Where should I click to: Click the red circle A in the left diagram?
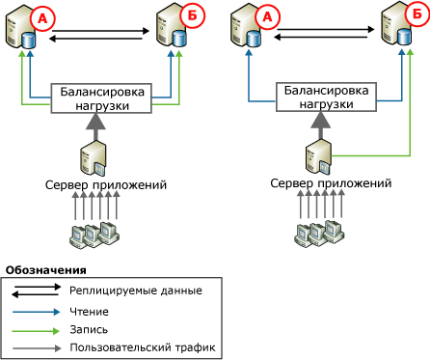coord(42,18)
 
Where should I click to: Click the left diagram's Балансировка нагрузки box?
coord(103,97)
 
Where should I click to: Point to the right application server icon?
coord(319,155)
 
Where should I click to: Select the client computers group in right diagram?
coord(319,232)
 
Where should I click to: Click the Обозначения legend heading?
coord(45,269)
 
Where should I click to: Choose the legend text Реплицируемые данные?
coord(136,289)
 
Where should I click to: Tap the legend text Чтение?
coord(90,312)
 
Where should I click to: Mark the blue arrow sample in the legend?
coord(37,312)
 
